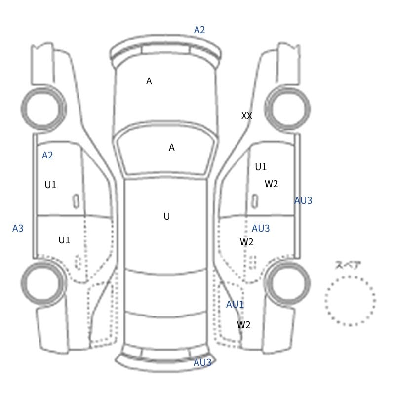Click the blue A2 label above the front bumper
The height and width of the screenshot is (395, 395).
click(x=199, y=30)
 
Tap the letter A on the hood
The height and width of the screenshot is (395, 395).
click(x=149, y=81)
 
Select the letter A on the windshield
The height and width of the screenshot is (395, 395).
click(x=171, y=147)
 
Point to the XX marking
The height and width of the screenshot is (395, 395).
click(x=246, y=116)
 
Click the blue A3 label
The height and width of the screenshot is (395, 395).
click(x=18, y=228)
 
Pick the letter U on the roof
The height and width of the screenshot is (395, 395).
click(x=167, y=216)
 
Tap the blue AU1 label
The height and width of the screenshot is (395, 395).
click(x=235, y=304)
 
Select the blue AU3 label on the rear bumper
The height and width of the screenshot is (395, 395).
click(x=202, y=362)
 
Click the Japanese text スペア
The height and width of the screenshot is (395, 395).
click(x=344, y=265)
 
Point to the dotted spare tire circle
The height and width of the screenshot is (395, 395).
click(x=325, y=301)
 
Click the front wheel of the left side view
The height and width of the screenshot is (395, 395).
click(x=23, y=109)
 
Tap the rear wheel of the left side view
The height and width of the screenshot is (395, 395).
click(x=23, y=282)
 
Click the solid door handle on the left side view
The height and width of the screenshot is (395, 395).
click(x=76, y=201)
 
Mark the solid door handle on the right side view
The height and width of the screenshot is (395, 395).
click(x=255, y=201)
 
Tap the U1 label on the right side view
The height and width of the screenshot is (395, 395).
click(x=261, y=167)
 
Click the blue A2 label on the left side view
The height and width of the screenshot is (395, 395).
click(x=47, y=155)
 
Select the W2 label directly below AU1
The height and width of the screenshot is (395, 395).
click(x=243, y=325)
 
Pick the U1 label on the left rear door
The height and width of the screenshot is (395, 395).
click(x=64, y=240)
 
